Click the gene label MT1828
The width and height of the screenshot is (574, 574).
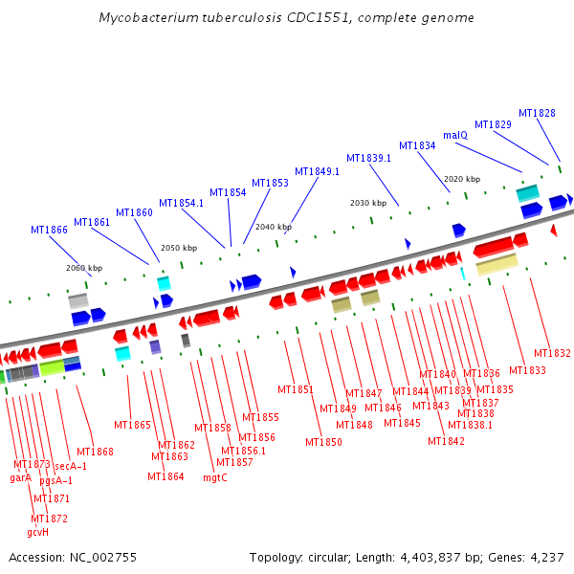click(x=537, y=113)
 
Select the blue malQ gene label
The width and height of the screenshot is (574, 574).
click(x=455, y=135)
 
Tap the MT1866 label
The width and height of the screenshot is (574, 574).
click(x=49, y=230)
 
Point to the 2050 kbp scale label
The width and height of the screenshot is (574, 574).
click(x=179, y=248)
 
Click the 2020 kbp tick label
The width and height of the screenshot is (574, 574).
click(x=462, y=179)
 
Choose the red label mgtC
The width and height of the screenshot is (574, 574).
click(x=215, y=477)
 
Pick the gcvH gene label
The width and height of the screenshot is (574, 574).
click(x=38, y=532)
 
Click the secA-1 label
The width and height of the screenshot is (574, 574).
click(x=70, y=466)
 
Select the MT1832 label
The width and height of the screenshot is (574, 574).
click(x=552, y=353)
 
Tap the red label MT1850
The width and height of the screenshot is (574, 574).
click(x=323, y=442)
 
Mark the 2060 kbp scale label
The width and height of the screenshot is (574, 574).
click(x=84, y=268)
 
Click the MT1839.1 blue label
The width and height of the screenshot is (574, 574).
click(x=368, y=158)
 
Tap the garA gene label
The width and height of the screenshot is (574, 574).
click(x=21, y=476)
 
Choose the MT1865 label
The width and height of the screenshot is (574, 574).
click(x=132, y=425)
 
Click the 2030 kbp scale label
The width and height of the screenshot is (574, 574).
click(x=368, y=203)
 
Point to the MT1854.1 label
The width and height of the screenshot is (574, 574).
click(x=181, y=203)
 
